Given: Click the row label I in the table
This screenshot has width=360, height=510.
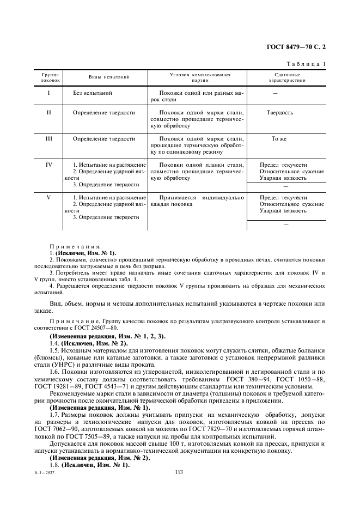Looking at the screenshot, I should pos(49,93).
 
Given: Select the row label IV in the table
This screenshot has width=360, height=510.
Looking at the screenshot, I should pos(49,164).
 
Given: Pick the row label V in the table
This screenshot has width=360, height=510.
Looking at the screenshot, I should pos(49,197).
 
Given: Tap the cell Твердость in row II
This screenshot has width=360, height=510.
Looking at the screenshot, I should pos(280,113).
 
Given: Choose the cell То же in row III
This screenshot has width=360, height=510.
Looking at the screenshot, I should pos(279,139).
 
